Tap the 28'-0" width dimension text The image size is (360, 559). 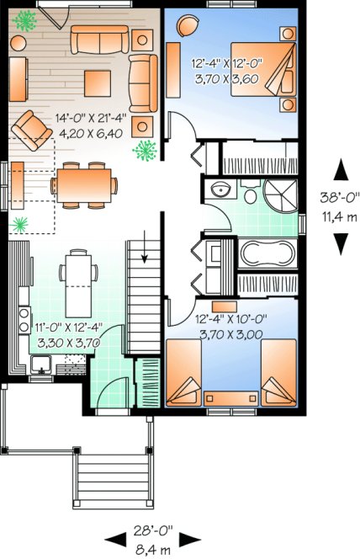[152, 530]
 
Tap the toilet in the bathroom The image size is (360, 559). [251, 194]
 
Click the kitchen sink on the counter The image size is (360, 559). [40, 363]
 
